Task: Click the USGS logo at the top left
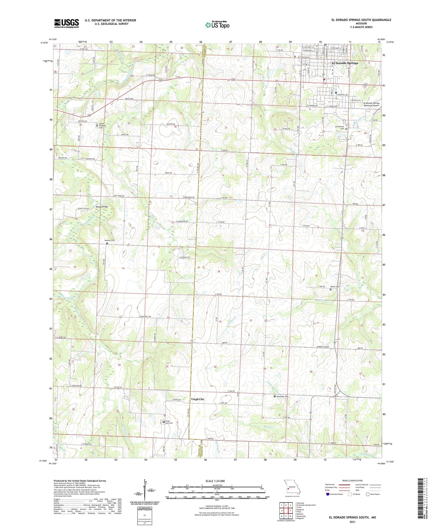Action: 67,23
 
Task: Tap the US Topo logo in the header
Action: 217,24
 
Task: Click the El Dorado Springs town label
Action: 345,63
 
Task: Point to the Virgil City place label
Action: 197,399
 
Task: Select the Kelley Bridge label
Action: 102,207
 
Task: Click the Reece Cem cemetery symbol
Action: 330,289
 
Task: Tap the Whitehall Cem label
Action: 282,396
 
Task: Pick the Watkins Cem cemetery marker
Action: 107,243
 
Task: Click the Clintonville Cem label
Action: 340,128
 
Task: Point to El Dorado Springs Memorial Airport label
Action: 371,104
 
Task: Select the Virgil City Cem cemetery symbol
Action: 164,422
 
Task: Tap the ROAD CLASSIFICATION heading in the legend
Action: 352,481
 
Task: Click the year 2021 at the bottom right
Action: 352,521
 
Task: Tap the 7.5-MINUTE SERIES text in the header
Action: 361,27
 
